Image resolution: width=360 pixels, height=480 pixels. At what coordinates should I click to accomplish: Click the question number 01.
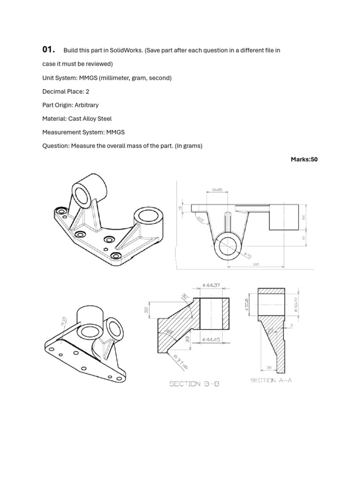pyautogui.click(x=48, y=50)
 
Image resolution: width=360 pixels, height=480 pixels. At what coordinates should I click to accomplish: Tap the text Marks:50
pyautogui.click(x=304, y=159)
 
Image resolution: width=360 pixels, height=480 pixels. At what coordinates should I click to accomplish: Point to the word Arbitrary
pyautogui.click(x=86, y=105)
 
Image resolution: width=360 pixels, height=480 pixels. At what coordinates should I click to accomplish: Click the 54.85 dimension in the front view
pyautogui.click(x=217, y=190)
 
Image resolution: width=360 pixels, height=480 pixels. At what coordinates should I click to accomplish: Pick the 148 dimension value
pyautogui.click(x=255, y=264)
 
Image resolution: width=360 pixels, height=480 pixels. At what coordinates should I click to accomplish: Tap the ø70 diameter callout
pyautogui.click(x=247, y=255)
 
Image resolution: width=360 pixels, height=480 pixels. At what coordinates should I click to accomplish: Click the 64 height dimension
pyautogui.click(x=303, y=217)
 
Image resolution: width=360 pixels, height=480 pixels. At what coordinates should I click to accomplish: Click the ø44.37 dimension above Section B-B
pyautogui.click(x=212, y=285)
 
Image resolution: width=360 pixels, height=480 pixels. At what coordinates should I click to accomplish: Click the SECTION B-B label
pyautogui.click(x=194, y=384)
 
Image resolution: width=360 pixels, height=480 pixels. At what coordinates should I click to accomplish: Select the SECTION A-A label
pyautogui.click(x=271, y=381)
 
